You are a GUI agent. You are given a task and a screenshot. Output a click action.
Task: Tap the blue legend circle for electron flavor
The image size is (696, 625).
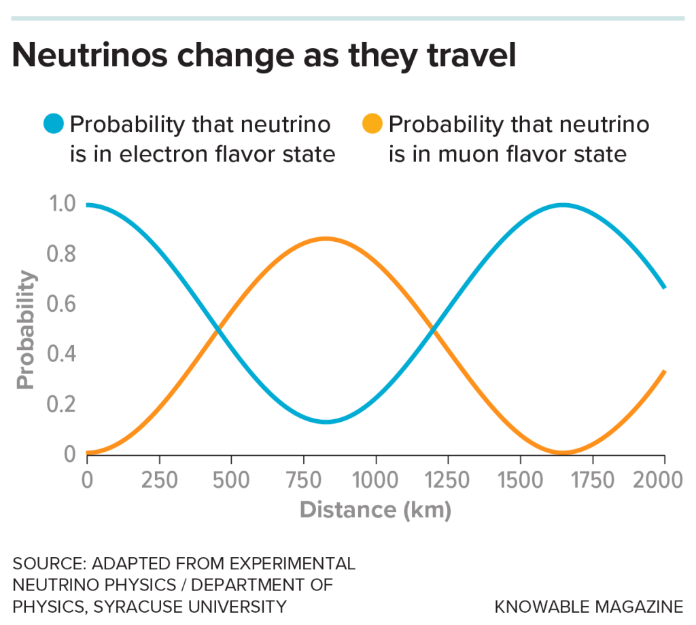(x=54, y=124)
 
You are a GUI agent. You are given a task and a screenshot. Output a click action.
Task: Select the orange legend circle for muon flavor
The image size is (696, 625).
(x=372, y=124)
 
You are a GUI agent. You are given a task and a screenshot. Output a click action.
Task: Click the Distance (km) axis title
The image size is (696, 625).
(x=375, y=510)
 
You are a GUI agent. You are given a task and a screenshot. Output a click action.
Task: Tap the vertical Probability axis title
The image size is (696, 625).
(x=25, y=329)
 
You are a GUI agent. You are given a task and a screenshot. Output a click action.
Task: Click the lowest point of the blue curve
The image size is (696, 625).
(x=326, y=422)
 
